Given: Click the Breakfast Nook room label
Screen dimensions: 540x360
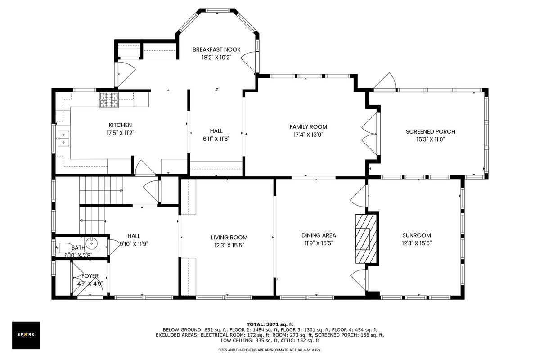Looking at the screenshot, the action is click(216, 49).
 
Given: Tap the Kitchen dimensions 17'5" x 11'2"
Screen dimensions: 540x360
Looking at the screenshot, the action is click(120, 133).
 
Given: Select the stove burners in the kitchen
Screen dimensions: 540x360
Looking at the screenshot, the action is click(109, 100).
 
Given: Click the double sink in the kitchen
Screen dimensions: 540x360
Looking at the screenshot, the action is click(63, 139).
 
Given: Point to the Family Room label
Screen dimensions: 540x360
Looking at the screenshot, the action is click(308, 127).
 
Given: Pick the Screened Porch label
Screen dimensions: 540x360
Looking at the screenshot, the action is click(431, 132).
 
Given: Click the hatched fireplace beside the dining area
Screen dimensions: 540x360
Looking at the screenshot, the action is click(366, 238).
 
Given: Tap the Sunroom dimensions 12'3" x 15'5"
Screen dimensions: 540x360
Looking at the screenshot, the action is click(417, 243).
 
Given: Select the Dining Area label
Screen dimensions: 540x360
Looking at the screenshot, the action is click(319, 235).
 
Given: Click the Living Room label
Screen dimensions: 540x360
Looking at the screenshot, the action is click(229, 238).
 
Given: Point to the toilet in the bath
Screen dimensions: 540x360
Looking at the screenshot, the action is click(63, 247).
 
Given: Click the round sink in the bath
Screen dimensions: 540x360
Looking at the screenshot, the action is click(92, 244).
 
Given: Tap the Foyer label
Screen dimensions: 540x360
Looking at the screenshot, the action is click(90, 276).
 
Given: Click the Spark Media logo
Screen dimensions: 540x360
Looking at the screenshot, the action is click(26, 335).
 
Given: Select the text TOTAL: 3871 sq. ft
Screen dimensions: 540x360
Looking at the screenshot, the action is click(270, 324).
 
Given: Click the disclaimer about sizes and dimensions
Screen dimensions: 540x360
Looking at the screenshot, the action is click(270, 350).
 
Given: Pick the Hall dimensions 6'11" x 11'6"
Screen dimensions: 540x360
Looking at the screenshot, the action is click(216, 139).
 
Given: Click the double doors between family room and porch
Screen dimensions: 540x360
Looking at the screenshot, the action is click(370, 134).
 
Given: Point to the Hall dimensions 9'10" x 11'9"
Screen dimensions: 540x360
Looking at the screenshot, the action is click(134, 244).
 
